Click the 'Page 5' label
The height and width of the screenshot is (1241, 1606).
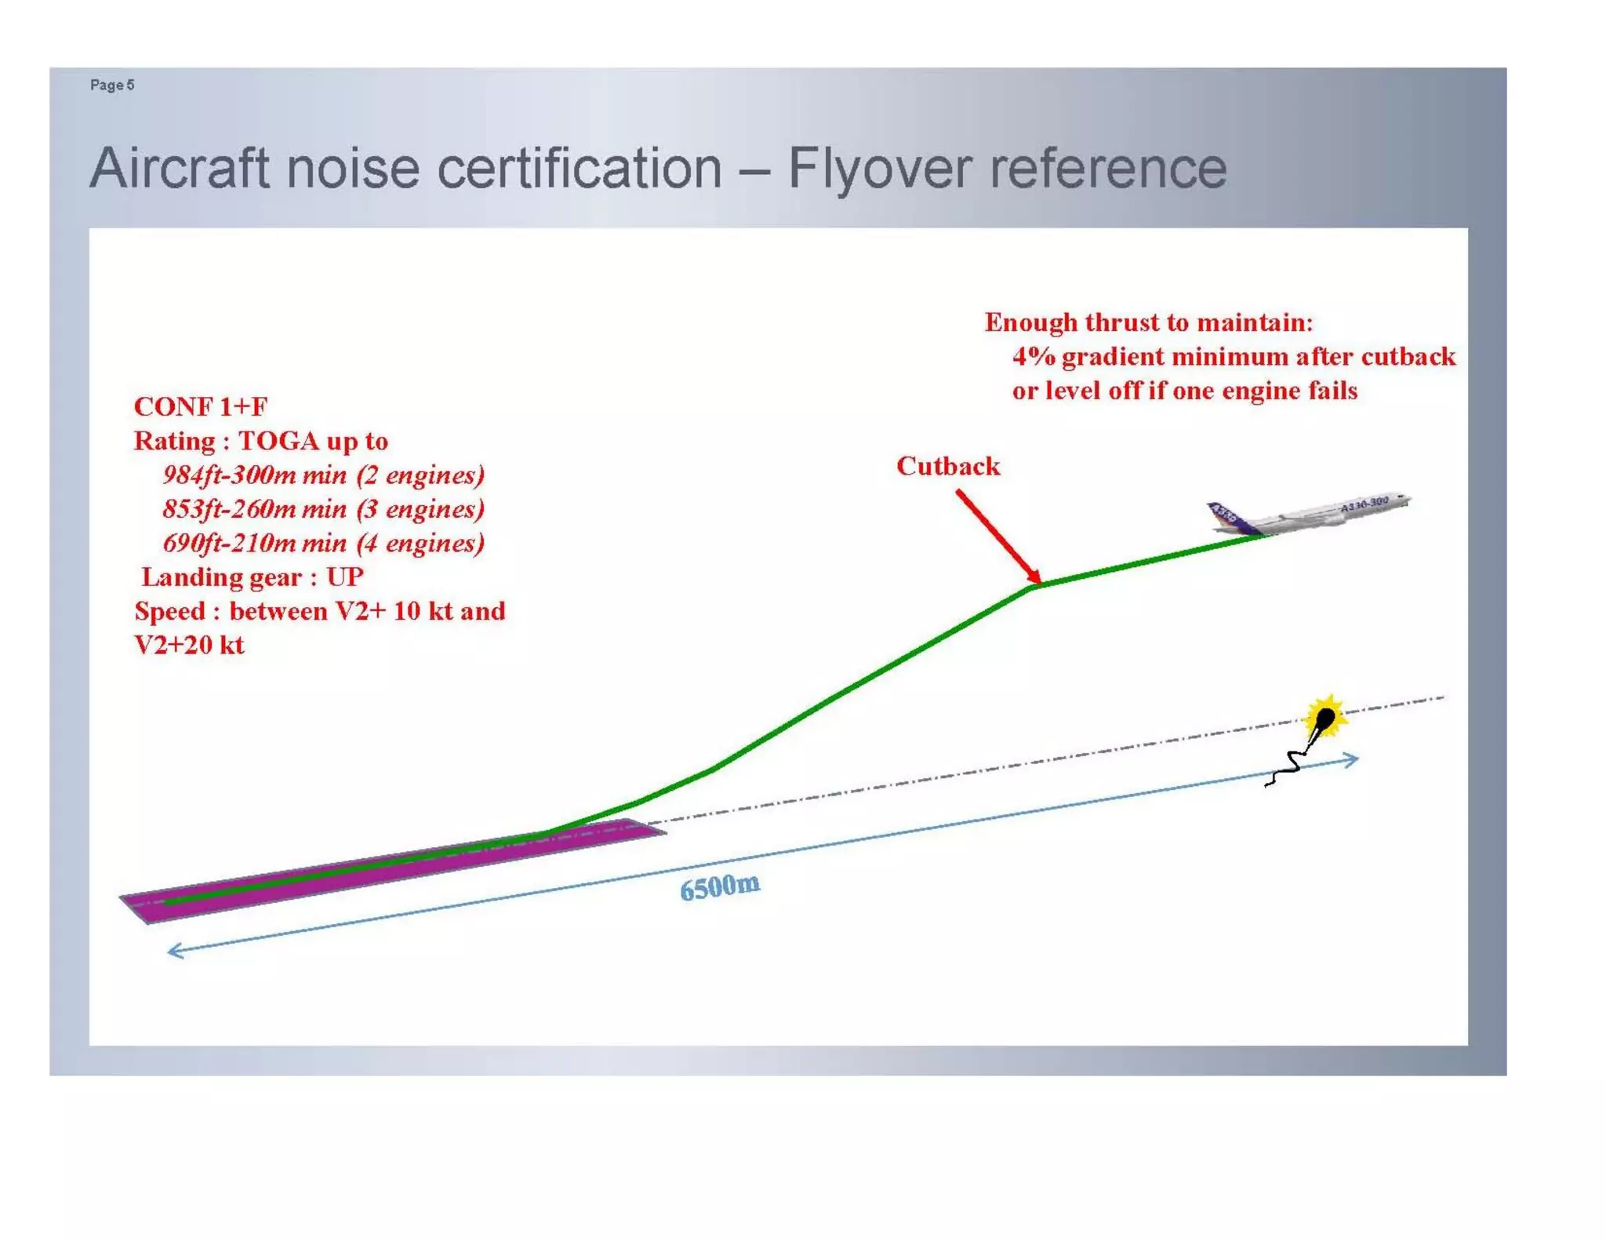point(111,85)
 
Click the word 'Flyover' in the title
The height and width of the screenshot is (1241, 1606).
point(877,169)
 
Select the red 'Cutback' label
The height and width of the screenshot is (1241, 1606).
point(947,466)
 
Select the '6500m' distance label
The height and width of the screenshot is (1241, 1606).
point(719,887)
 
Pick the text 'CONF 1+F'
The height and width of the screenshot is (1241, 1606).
point(200,406)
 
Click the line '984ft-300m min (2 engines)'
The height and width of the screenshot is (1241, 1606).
point(323,475)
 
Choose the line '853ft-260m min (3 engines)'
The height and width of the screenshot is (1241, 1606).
point(323,509)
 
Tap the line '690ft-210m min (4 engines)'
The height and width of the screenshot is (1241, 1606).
point(323,543)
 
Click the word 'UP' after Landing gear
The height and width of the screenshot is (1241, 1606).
point(344,577)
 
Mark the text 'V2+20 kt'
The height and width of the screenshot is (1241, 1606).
point(189,645)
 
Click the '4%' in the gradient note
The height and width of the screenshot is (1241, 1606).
point(1033,357)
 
